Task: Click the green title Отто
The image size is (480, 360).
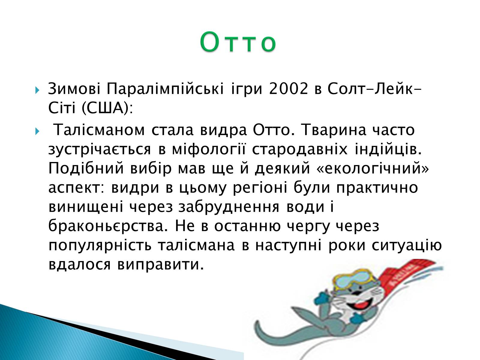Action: (x=238, y=42)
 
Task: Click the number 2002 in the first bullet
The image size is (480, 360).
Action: (x=289, y=89)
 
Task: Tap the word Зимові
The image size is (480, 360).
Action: (x=74, y=89)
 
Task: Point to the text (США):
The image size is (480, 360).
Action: (x=107, y=108)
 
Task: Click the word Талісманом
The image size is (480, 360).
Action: (x=99, y=130)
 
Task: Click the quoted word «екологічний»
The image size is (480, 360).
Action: (x=373, y=168)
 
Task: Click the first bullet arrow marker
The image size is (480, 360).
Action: (x=37, y=90)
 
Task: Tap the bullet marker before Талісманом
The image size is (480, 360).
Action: (x=37, y=131)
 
